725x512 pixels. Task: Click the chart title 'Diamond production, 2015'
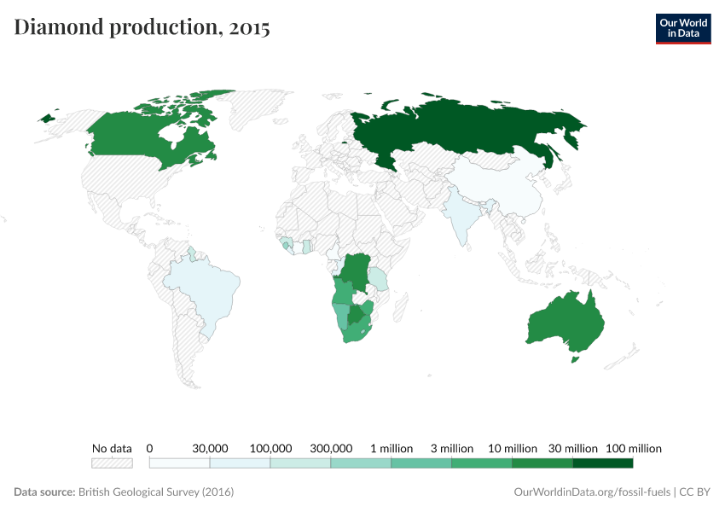[x=142, y=27]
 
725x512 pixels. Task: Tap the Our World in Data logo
[x=682, y=28]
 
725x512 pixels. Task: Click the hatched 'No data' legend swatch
[x=112, y=463]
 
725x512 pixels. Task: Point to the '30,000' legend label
[x=210, y=448]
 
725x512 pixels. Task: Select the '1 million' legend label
[x=391, y=448]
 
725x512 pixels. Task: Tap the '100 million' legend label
[x=634, y=448]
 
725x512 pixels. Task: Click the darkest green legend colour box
[x=603, y=463]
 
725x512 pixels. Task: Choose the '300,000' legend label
[x=331, y=448]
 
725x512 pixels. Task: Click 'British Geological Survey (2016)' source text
[x=156, y=492]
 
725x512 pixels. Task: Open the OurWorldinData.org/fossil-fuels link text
[x=593, y=492]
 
